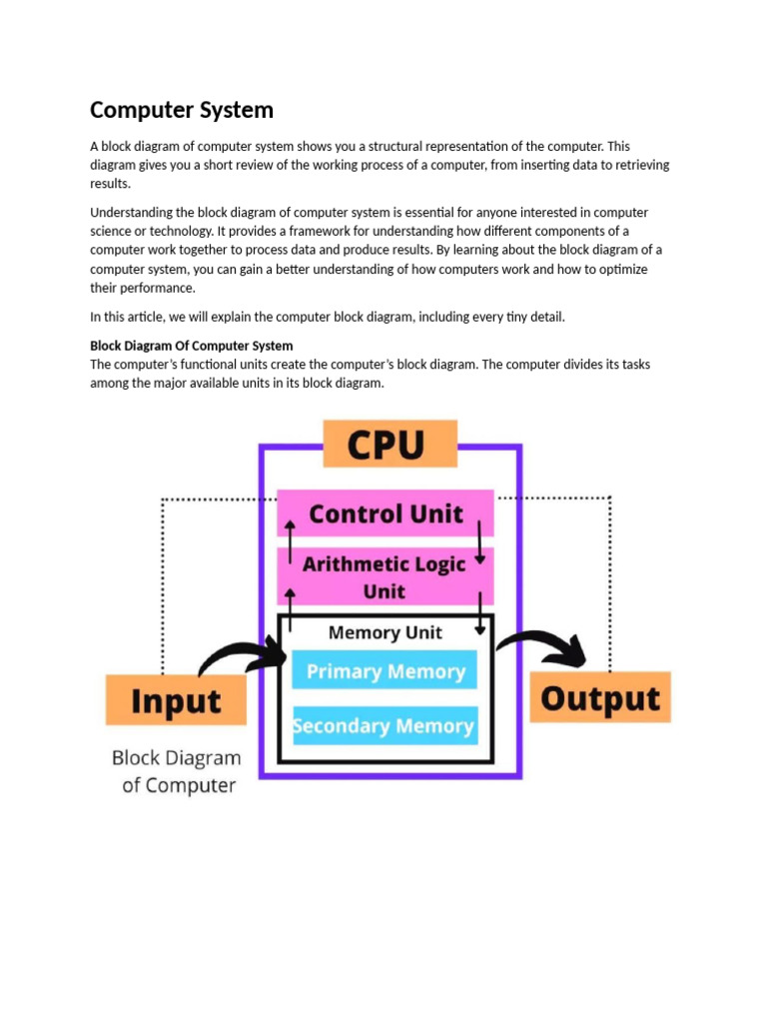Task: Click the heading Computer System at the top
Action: [x=182, y=109]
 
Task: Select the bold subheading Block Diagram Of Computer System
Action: [x=192, y=346]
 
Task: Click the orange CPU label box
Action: [x=389, y=444]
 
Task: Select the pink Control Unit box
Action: [x=385, y=513]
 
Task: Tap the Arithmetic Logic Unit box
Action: [x=384, y=577]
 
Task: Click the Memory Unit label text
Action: [x=384, y=632]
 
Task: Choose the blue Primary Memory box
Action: [x=384, y=671]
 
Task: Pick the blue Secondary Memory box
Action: [x=384, y=726]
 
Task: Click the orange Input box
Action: [x=176, y=700]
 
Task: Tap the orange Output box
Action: [x=600, y=697]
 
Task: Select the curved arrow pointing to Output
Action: [x=544, y=646]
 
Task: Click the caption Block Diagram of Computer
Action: [x=177, y=771]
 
